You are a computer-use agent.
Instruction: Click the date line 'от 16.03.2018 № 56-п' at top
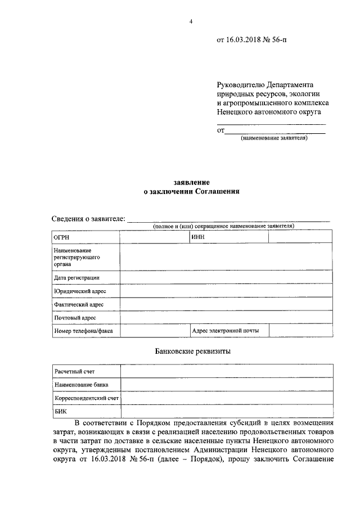[x=253, y=40]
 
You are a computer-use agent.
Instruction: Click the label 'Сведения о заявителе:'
[x=89, y=219]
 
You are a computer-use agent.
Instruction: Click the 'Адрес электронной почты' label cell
[x=225, y=331]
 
